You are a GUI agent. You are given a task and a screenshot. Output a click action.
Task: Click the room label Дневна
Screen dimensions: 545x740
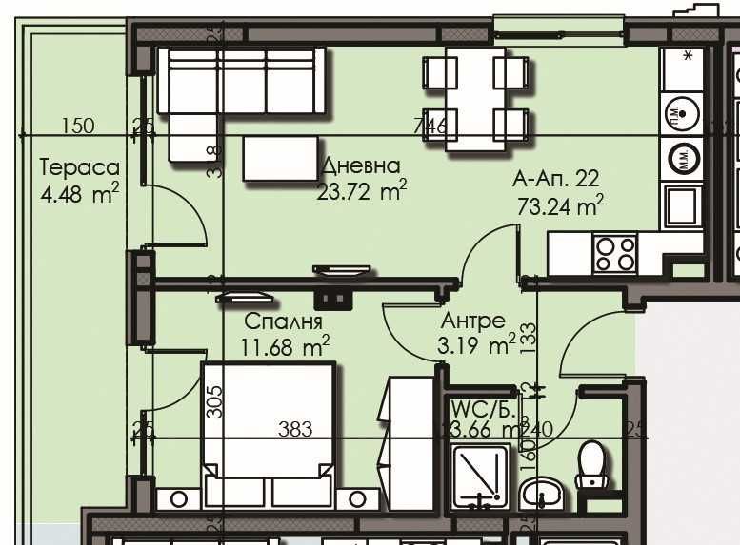[361, 165]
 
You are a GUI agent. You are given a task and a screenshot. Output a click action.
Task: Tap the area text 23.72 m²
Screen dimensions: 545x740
[361, 193]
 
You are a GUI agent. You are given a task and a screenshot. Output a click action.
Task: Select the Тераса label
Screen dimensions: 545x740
[79, 168]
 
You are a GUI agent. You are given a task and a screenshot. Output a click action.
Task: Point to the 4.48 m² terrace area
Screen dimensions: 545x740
[79, 196]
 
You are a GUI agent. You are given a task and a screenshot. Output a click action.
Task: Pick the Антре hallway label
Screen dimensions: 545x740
[473, 321]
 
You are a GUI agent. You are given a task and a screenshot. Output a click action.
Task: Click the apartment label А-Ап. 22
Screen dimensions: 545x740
[556, 178]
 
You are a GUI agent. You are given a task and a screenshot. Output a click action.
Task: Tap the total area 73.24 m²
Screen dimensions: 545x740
[560, 204]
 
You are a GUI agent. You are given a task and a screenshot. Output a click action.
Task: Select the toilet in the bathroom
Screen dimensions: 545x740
[592, 465]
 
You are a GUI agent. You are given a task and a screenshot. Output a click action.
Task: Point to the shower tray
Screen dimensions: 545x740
[483, 476]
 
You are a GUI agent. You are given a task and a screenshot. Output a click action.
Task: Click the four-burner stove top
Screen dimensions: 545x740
[615, 253]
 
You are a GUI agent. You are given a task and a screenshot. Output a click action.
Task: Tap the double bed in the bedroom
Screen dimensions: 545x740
[268, 418]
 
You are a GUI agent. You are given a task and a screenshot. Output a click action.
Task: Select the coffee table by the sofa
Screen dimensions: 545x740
[281, 158]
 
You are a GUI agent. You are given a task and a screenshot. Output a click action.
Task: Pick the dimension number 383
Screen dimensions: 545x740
[295, 430]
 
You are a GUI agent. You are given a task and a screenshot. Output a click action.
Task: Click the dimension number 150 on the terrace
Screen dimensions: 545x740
[78, 126]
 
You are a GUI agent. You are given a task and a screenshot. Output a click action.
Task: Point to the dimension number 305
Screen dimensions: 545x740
[214, 402]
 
